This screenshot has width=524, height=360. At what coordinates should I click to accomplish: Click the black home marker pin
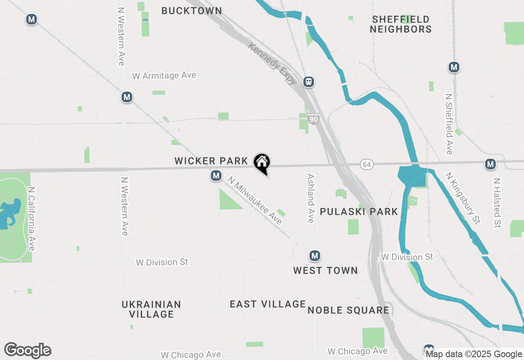click(262, 162)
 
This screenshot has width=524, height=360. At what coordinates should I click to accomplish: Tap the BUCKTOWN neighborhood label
click(192, 11)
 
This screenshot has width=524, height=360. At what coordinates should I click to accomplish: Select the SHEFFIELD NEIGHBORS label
click(401, 24)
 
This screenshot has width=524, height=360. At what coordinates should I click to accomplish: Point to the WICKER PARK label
click(211, 161)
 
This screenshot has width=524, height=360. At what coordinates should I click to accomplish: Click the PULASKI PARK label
click(359, 211)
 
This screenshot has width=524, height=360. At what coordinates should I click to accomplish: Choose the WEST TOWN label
click(325, 270)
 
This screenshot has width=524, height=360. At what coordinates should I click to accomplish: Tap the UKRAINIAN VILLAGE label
click(151, 309)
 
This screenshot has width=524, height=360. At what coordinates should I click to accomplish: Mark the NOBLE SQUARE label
click(348, 310)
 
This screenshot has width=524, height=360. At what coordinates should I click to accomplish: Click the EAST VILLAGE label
click(268, 304)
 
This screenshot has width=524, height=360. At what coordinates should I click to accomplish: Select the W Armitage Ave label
click(164, 76)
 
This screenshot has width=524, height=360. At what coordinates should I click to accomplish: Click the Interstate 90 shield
click(314, 119)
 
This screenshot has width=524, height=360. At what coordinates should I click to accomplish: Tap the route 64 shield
click(366, 164)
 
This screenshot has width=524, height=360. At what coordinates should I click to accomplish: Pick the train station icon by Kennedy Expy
click(309, 82)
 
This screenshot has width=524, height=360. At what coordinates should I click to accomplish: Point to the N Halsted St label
click(497, 202)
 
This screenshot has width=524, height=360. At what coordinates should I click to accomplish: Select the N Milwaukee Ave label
click(255, 200)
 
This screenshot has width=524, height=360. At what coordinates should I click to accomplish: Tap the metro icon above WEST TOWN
click(314, 256)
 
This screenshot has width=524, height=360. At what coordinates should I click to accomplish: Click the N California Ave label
click(32, 219)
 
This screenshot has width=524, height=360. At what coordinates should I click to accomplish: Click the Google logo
click(27, 350)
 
